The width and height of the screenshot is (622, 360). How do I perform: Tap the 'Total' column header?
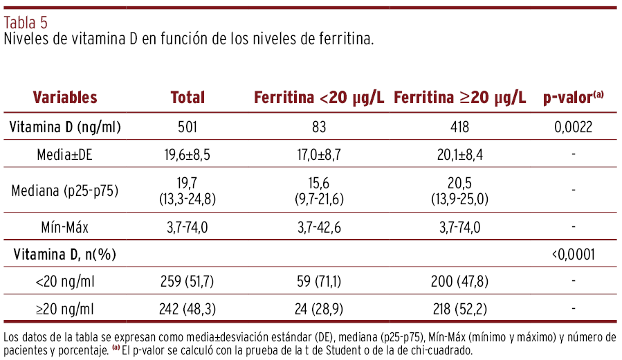[187, 98]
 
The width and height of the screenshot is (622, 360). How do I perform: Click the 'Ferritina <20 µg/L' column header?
[319, 98]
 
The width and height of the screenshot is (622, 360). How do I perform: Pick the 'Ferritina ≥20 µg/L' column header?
[460, 98]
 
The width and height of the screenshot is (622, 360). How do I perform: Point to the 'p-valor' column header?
[573, 98]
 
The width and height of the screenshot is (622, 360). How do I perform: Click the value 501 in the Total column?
[187, 127]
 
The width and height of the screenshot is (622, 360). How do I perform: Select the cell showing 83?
[319, 127]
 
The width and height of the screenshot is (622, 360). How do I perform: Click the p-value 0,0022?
[574, 127]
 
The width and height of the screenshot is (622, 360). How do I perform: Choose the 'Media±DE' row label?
[65, 155]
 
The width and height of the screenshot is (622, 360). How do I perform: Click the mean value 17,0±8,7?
[319, 155]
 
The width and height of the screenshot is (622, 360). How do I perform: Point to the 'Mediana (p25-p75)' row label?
[65, 190]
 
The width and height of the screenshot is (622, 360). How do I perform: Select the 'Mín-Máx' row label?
[65, 226]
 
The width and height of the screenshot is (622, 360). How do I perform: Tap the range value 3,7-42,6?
[319, 226]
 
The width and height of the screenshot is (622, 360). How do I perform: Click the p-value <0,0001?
[574, 255]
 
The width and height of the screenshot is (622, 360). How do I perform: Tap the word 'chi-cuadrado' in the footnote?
[438, 350]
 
